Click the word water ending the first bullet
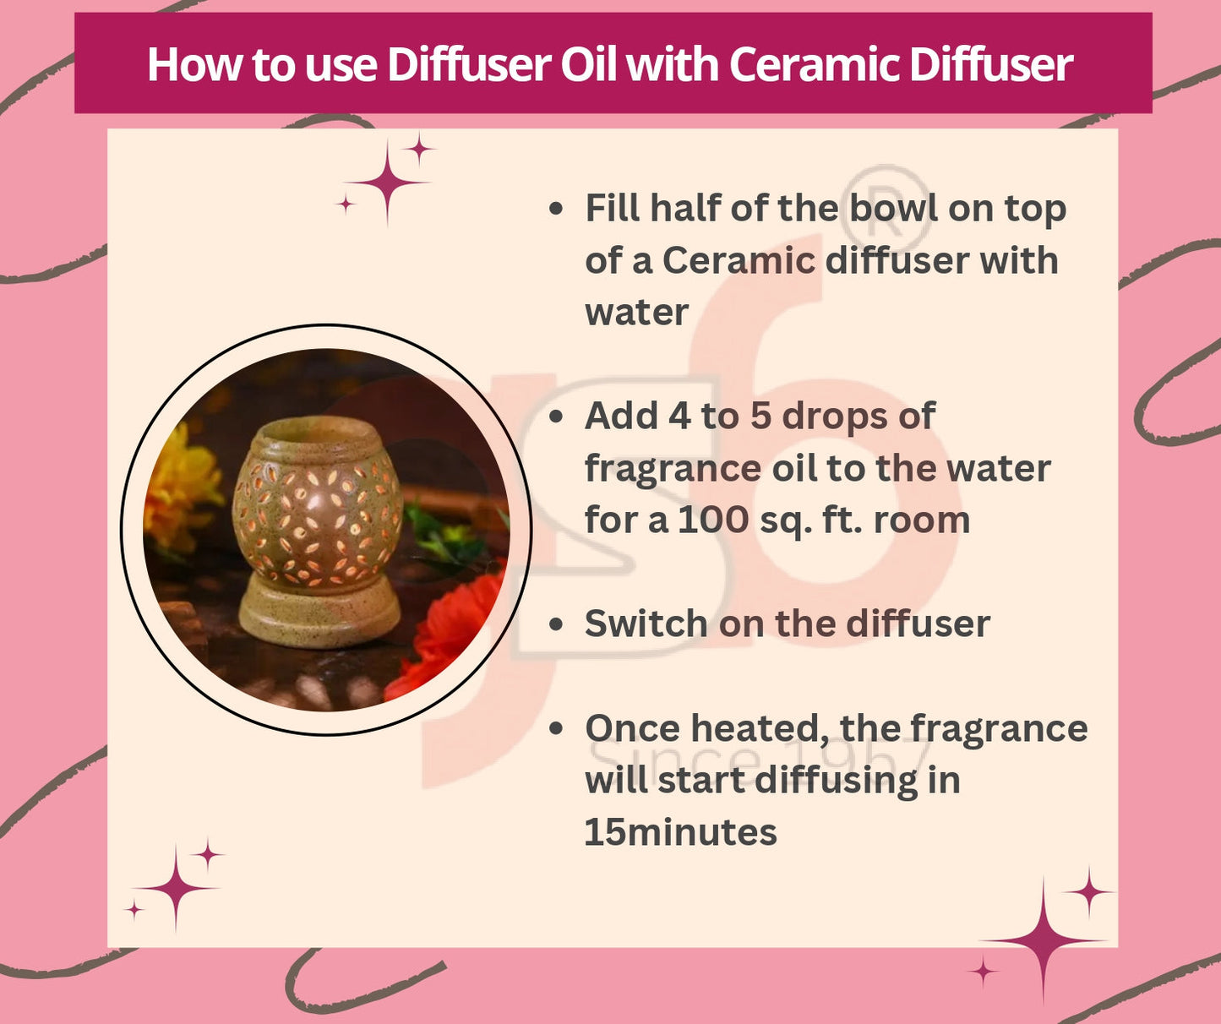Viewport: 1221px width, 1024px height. point(636,313)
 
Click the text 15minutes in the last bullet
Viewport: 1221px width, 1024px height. point(680,832)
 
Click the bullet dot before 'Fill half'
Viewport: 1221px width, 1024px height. point(555,208)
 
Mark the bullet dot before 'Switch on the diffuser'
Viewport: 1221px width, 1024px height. point(555,624)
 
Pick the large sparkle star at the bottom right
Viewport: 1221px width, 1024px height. point(1044,940)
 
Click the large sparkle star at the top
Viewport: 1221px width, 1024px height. point(387,182)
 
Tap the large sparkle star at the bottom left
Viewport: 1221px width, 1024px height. point(176,887)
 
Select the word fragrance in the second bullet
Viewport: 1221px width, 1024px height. point(673,468)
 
